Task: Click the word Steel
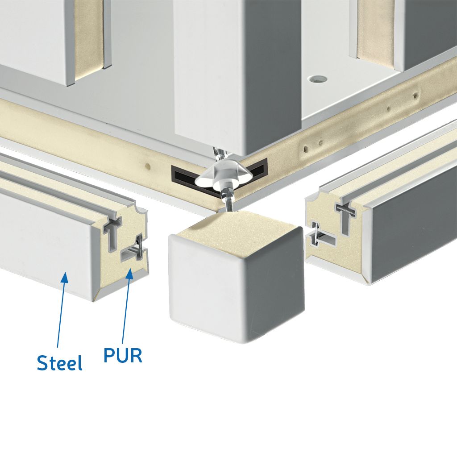pyautogui.click(x=60, y=362)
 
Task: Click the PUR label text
pyautogui.click(x=123, y=355)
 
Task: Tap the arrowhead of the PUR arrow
pyautogui.click(x=129, y=274)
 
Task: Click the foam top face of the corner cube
pyautogui.click(x=236, y=233)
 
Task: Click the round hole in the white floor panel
pyautogui.click(x=317, y=79)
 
